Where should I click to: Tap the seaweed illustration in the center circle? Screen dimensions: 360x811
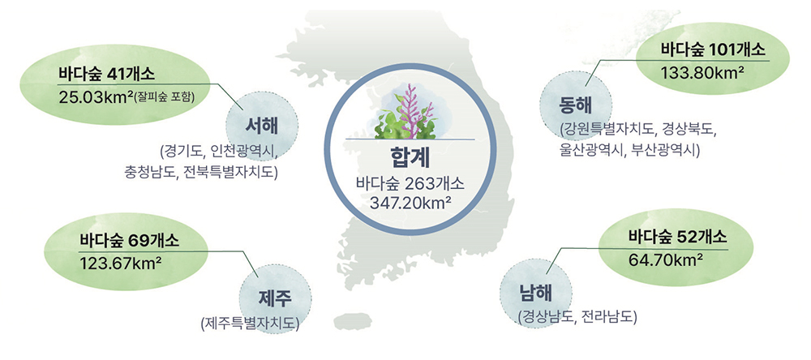(x=409, y=112)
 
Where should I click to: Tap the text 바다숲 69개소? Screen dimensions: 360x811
(x=129, y=241)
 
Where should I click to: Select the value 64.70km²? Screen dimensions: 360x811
(x=665, y=261)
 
